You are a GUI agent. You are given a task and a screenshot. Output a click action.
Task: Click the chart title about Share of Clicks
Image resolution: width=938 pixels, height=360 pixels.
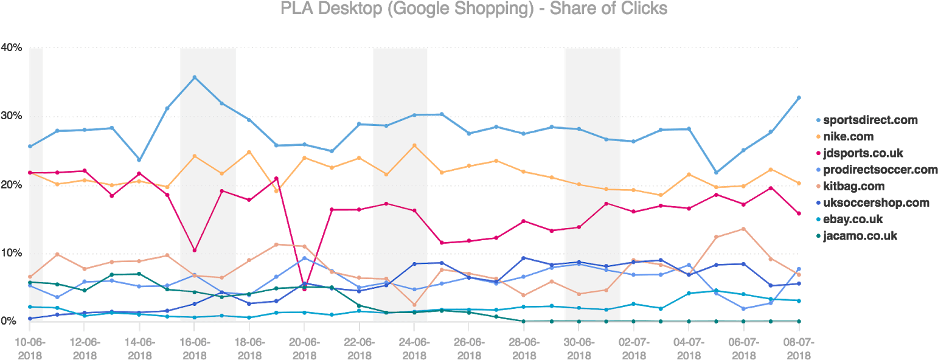coord(473,9)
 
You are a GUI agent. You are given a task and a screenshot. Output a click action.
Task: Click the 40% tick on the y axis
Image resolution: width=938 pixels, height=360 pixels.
coord(12,47)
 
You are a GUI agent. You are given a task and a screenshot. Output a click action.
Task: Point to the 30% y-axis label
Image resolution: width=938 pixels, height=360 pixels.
coord(12,116)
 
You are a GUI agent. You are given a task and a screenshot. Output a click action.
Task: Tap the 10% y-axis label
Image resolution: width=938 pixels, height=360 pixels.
coord(12,253)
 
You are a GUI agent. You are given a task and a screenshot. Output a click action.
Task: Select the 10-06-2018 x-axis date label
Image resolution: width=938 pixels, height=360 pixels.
coord(29,348)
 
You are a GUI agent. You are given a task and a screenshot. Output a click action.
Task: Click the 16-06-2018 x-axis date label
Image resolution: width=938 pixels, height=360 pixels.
coord(194,348)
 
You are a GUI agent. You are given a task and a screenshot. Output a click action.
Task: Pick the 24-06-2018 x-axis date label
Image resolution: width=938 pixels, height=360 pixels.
coord(414,348)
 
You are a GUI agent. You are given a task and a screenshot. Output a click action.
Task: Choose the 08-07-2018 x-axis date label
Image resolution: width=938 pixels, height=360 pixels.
coord(799,348)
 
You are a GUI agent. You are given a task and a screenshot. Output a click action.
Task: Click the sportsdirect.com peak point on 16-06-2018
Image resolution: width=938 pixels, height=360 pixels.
coord(194,77)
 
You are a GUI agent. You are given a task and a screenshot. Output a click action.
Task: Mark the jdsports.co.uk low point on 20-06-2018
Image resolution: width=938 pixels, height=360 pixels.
coord(304,289)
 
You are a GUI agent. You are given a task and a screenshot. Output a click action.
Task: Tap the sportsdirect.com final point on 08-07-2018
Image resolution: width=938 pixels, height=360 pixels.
coord(799,97)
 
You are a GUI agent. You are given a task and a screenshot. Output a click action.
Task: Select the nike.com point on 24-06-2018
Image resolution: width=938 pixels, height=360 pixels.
coord(414,145)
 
